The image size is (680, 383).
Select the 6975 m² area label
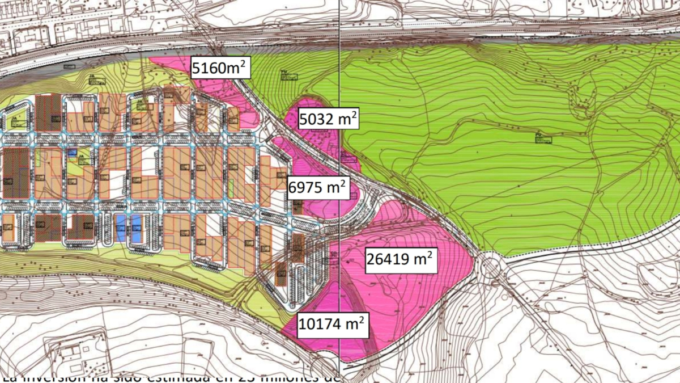317,188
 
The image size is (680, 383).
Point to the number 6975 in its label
307,188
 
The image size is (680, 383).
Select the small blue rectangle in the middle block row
71,153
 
